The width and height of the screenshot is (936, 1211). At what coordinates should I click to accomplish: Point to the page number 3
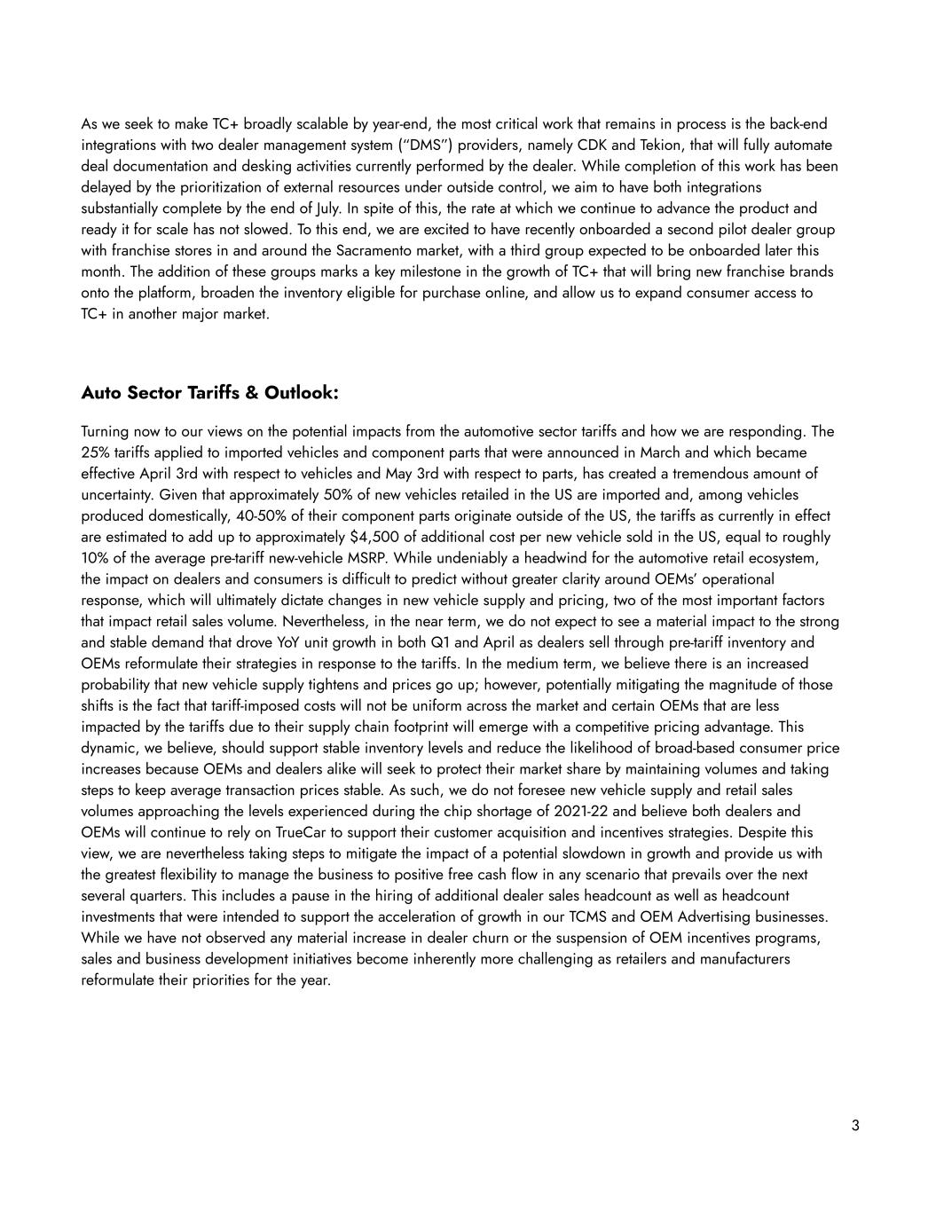[855, 1126]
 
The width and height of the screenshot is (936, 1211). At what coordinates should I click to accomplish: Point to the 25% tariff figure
[95, 452]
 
